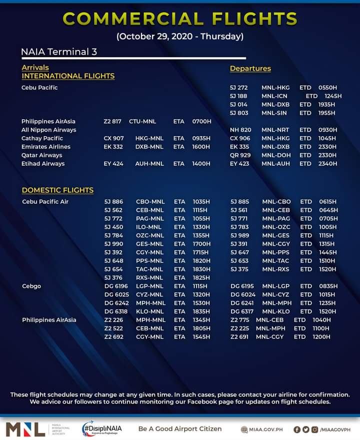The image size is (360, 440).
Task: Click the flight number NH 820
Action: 240,130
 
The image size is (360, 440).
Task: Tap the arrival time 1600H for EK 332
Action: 201,147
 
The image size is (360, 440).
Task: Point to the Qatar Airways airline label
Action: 42,155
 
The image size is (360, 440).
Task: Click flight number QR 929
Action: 240,155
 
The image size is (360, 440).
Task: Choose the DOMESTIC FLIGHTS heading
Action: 57,190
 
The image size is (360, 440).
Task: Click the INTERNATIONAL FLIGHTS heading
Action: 68,76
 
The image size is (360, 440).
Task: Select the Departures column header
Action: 250,68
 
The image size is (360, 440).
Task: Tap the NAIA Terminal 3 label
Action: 59,52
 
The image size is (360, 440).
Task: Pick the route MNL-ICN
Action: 274,96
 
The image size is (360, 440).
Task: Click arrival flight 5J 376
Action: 113,277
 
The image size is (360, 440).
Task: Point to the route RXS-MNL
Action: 150,277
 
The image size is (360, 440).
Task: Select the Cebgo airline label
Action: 31,286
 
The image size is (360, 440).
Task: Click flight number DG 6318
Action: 116,311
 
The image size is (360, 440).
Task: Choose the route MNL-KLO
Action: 275,311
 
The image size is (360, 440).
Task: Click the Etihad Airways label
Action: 43,164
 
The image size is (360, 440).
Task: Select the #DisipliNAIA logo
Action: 102,429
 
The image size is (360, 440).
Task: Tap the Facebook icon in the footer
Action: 297,429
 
